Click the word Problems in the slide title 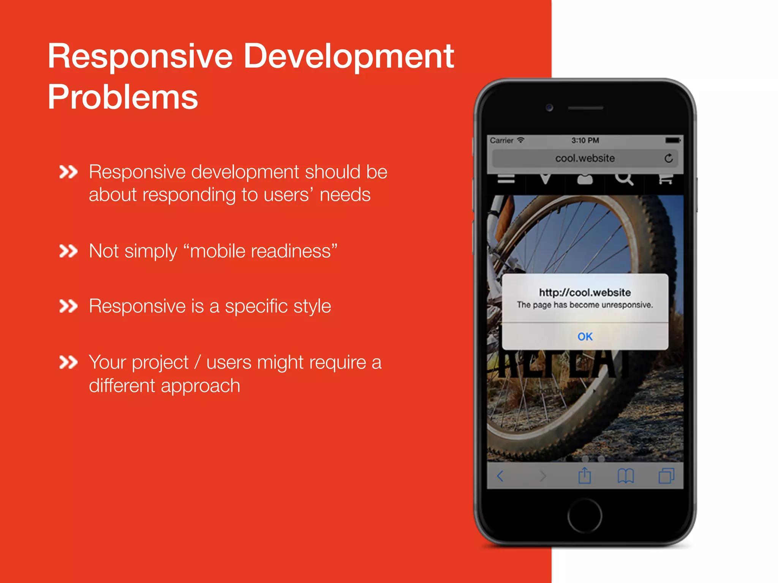(x=123, y=97)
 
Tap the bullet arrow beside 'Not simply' (x=68, y=251)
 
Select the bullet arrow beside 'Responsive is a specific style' (x=68, y=306)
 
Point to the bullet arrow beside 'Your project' (x=68, y=362)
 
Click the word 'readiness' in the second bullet (x=261, y=251)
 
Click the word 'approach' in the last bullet (x=200, y=386)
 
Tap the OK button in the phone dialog (x=585, y=337)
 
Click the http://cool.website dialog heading (x=585, y=292)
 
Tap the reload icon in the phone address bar (x=669, y=158)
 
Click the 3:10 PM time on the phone (x=585, y=140)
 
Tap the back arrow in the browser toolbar (x=500, y=476)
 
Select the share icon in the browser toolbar (x=585, y=475)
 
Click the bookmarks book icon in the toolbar (x=626, y=476)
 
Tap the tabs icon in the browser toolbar (x=666, y=476)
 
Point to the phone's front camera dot (x=549, y=108)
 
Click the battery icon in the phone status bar (x=673, y=140)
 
